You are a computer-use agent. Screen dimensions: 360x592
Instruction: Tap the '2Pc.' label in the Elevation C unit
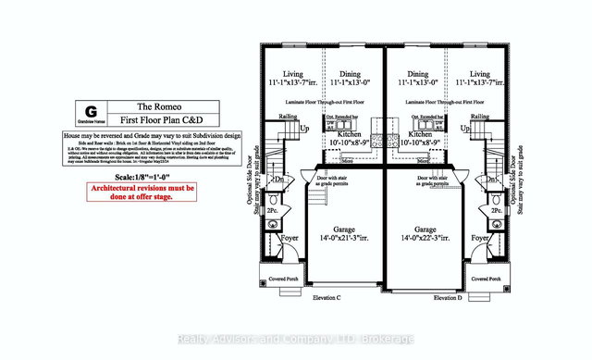[x=273, y=211]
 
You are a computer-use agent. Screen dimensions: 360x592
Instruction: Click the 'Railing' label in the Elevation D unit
[x=479, y=117]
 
